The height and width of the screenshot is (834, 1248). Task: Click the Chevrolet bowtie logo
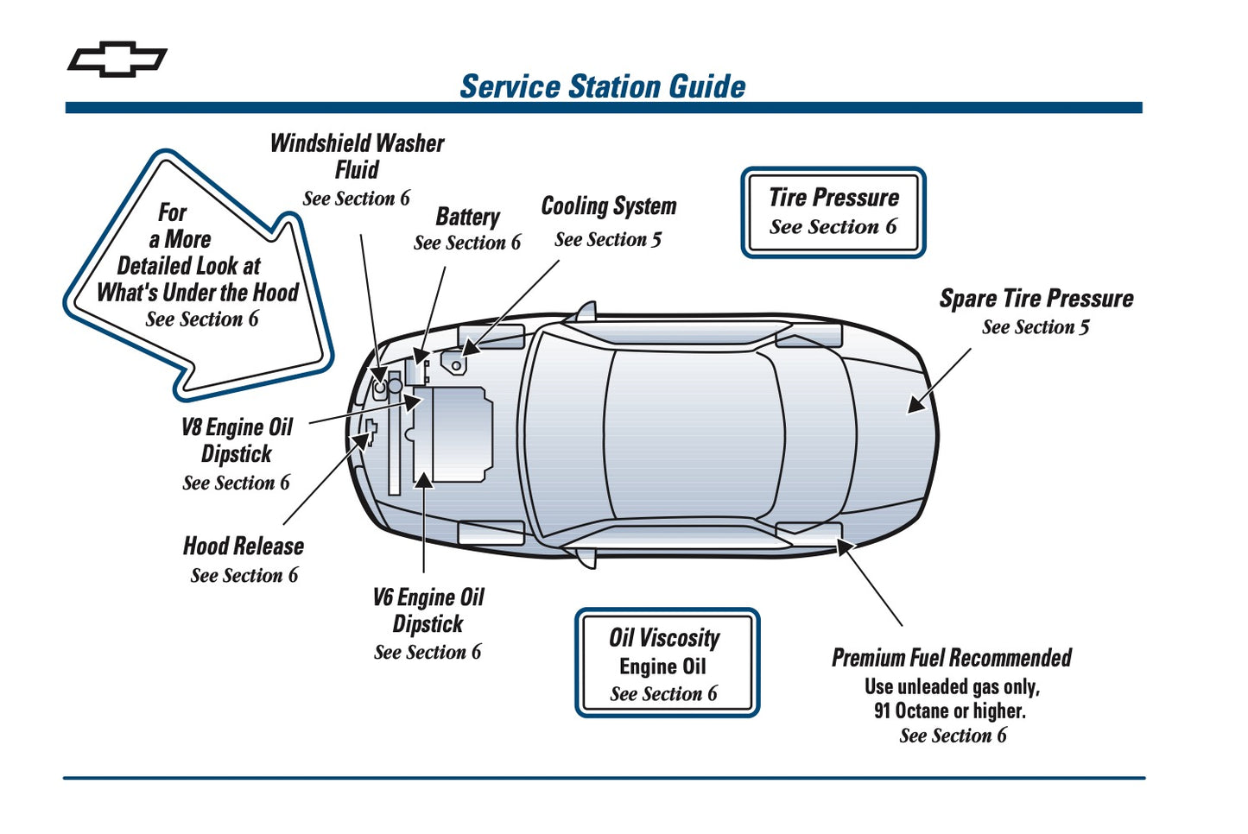(117, 59)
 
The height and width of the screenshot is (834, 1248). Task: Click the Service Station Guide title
(602, 86)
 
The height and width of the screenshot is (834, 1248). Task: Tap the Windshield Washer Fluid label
(357, 156)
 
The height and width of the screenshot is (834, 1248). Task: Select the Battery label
(467, 217)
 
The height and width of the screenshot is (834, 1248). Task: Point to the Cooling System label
(608, 206)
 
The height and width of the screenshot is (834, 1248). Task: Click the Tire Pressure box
(833, 212)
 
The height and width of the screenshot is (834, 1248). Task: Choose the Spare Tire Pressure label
(1036, 299)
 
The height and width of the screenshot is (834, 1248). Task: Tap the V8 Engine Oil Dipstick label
(237, 440)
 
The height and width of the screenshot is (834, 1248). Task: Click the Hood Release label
(244, 547)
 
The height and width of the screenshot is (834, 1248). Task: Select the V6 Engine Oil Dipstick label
(428, 610)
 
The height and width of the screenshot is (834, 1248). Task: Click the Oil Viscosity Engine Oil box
(667, 663)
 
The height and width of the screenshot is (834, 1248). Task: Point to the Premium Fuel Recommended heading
(951, 658)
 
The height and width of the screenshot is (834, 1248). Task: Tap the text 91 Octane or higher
(949, 711)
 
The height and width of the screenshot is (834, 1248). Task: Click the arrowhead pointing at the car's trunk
(917, 403)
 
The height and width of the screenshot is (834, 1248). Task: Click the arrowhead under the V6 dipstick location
(424, 480)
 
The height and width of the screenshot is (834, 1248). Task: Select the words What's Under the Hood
(197, 293)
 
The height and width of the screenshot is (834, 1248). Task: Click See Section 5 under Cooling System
(608, 240)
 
